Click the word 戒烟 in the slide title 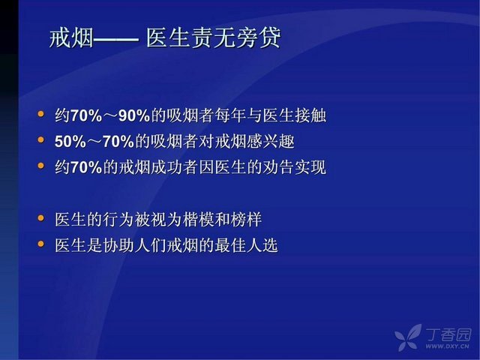pyautogui.click(x=71, y=38)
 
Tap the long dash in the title pyautogui.click(x=115, y=39)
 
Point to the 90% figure pyautogui.click(x=134, y=115)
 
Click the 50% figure pyautogui.click(x=70, y=142)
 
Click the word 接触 pyautogui.click(x=310, y=115)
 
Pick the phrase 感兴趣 pyautogui.click(x=270, y=142)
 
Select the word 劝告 pyautogui.click(x=278, y=167)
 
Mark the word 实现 pyautogui.click(x=310, y=167)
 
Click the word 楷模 pyautogui.click(x=198, y=220)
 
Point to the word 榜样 pyautogui.click(x=246, y=220)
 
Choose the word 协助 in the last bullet pyautogui.click(x=118, y=245)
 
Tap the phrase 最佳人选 pyautogui.click(x=246, y=245)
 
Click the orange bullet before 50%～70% pyautogui.click(x=40, y=140)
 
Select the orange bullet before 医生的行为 pyautogui.click(x=40, y=218)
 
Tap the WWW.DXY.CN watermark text pyautogui.click(x=447, y=346)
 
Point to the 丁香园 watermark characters pyautogui.click(x=448, y=334)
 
